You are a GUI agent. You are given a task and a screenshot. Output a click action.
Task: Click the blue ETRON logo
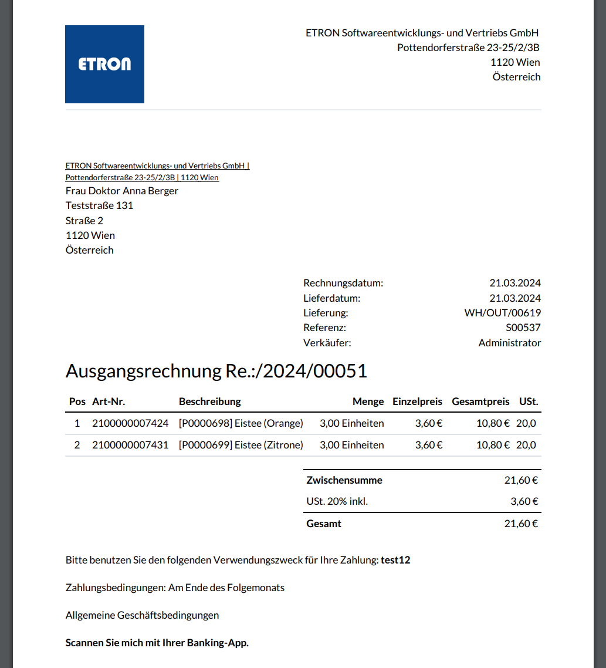[x=104, y=64]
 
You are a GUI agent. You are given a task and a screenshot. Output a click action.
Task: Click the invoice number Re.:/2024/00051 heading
[x=216, y=371]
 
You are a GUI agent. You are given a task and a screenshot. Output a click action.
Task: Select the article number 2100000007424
[x=130, y=423]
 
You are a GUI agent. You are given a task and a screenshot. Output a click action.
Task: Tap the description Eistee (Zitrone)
[x=241, y=445]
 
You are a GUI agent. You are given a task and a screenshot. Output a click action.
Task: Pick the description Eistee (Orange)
[x=241, y=423]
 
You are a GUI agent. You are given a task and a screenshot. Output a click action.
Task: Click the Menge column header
[x=368, y=402]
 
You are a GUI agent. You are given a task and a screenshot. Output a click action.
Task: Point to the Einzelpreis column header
[x=417, y=402]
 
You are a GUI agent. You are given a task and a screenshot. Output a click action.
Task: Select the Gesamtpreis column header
[x=480, y=402]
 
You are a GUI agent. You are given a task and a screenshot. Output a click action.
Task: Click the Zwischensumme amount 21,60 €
[x=521, y=480]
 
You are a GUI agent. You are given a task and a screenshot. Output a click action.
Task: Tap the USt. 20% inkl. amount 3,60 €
[x=524, y=501]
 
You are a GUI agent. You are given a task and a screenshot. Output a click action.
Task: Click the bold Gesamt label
[x=324, y=524]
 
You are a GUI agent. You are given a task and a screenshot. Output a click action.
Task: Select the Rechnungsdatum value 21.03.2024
[x=515, y=283]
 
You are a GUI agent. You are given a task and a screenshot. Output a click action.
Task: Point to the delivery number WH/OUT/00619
[x=503, y=313]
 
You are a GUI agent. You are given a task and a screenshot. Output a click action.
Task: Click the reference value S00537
[x=523, y=328]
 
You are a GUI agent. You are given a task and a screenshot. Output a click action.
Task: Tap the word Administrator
[x=510, y=343]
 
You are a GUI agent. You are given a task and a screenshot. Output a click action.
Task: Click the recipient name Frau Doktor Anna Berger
[x=122, y=191]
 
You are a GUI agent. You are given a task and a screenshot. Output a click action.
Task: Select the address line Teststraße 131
[x=99, y=205]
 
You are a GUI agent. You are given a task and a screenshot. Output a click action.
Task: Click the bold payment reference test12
[x=395, y=560]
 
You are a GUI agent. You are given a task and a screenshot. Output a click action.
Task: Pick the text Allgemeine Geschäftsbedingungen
[x=142, y=615]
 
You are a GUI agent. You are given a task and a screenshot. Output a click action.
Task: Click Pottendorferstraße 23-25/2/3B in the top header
[x=469, y=48]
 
